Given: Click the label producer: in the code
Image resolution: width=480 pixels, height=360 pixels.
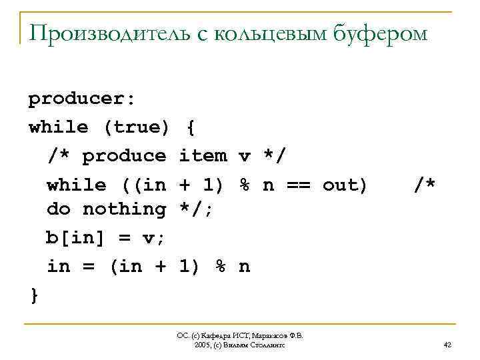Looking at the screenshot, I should (82, 99).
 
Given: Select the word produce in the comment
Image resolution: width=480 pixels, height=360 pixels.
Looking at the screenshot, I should (124, 155).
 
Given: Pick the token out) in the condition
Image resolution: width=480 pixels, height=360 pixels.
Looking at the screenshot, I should (345, 184).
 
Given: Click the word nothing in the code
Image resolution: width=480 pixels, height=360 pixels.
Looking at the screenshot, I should (124, 209).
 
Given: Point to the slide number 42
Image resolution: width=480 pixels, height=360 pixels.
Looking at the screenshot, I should (447, 345).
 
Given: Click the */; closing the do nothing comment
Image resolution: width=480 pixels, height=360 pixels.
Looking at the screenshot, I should (197, 209).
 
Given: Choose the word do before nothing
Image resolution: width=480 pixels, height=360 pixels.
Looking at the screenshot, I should (58, 209).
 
